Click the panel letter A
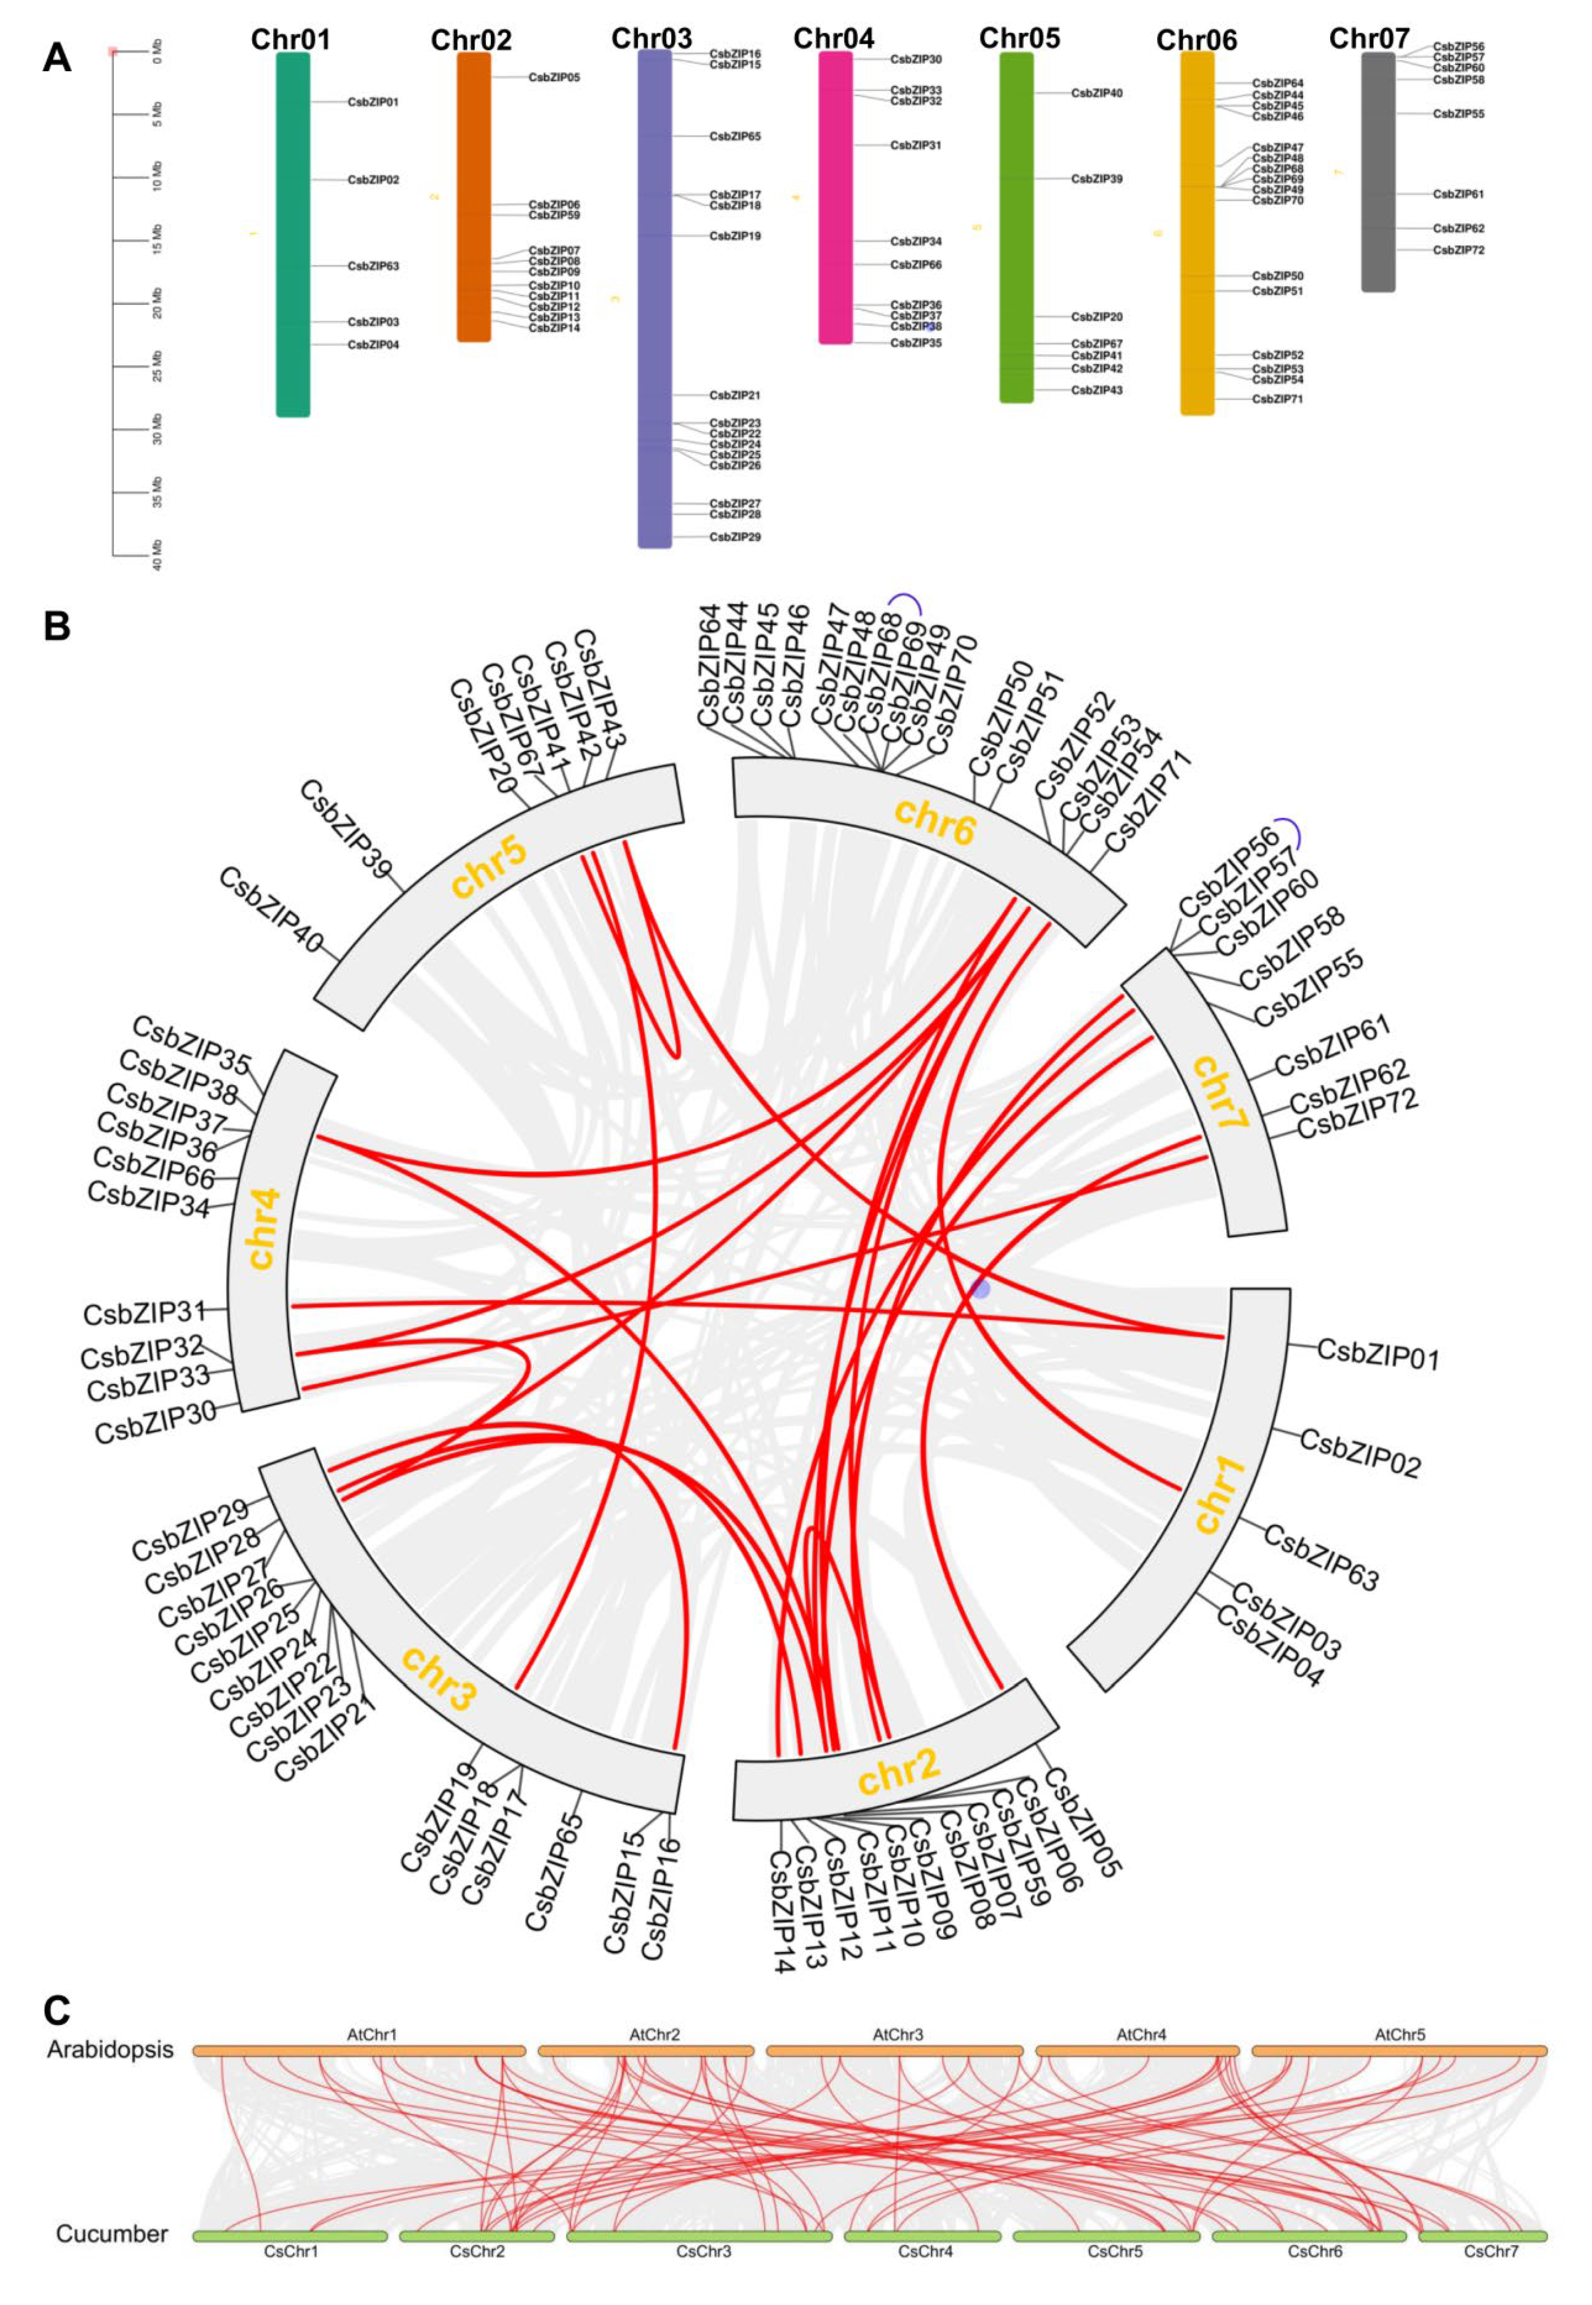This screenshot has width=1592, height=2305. pos(57,58)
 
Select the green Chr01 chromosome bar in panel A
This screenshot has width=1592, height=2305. pos(292,234)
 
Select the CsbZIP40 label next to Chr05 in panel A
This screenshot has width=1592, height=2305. pos(1096,93)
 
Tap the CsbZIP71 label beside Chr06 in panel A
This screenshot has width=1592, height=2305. pos(1277,399)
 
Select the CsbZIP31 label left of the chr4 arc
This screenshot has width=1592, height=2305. pos(144,1313)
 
